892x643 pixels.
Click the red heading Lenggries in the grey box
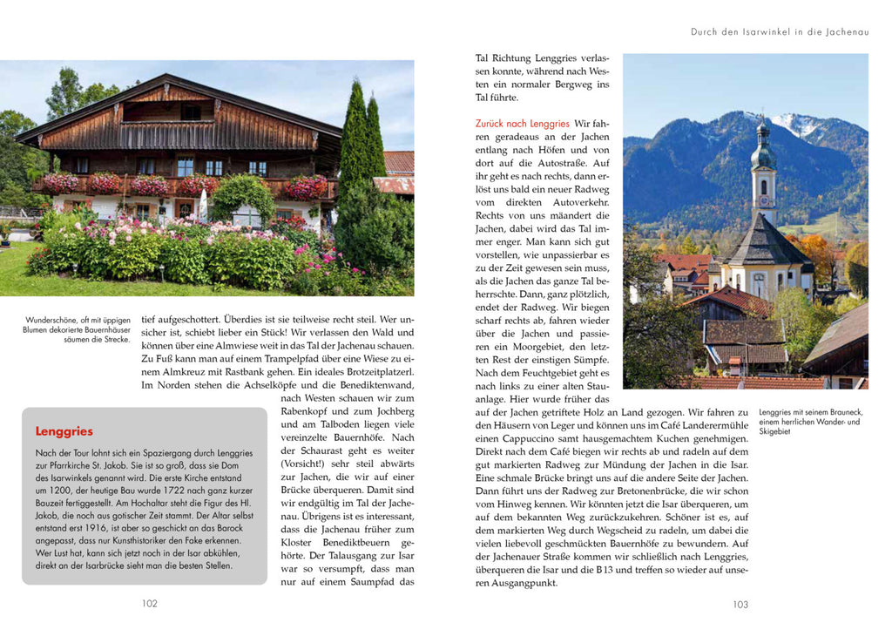click(x=64, y=431)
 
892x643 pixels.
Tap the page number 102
click(x=150, y=603)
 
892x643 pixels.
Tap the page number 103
click(x=740, y=604)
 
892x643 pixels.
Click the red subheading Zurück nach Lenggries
click(x=523, y=124)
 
